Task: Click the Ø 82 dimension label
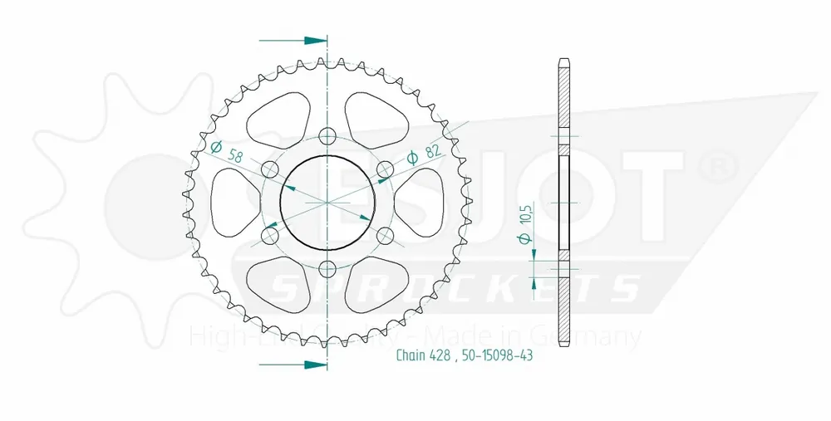tap(423, 154)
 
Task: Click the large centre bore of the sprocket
tap(327, 203)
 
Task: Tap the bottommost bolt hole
tap(327, 269)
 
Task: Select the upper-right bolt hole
tap(385, 169)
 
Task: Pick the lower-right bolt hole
tap(385, 236)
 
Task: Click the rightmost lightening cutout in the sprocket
tap(425, 203)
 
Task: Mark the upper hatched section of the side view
tap(564, 100)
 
